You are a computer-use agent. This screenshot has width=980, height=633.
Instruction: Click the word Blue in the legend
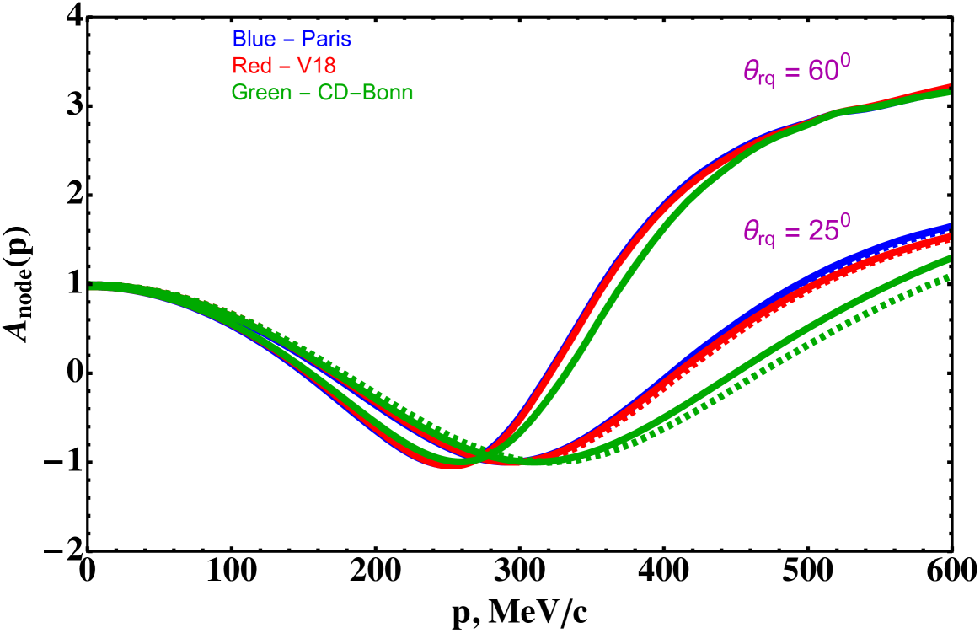coord(253,39)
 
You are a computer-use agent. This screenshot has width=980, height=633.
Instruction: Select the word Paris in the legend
coord(324,39)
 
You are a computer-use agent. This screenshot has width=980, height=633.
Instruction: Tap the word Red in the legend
coord(251,66)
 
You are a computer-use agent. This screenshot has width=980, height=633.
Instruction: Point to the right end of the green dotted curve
coord(949,276)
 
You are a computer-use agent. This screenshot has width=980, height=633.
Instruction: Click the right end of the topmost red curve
coord(949,86)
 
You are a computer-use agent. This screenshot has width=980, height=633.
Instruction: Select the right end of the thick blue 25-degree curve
coord(949,226)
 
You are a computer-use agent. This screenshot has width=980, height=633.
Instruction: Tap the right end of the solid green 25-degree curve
coord(949,258)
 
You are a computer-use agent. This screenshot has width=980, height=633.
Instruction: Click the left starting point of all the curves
coord(91,286)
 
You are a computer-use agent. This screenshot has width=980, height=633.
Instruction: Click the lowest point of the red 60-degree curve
coord(453,464)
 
